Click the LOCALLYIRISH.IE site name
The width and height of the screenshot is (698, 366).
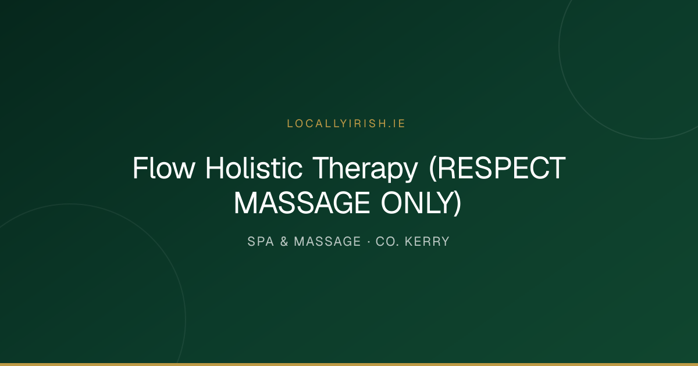346,124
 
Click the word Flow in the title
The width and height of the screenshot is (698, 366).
164,168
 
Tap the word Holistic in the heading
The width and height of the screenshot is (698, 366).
254,168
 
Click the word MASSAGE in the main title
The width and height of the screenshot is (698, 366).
302,203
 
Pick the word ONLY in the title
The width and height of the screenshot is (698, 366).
417,203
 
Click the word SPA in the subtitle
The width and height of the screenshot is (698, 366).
261,242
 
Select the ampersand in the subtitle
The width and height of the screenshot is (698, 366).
284,242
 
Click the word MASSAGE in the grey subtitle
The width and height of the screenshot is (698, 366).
327,242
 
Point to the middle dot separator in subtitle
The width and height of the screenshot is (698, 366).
369,242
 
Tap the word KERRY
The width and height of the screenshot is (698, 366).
427,242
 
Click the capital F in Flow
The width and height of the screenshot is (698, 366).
140,168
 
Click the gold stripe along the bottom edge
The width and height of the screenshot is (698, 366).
349,364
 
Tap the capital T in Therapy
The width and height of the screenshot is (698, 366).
322,168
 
